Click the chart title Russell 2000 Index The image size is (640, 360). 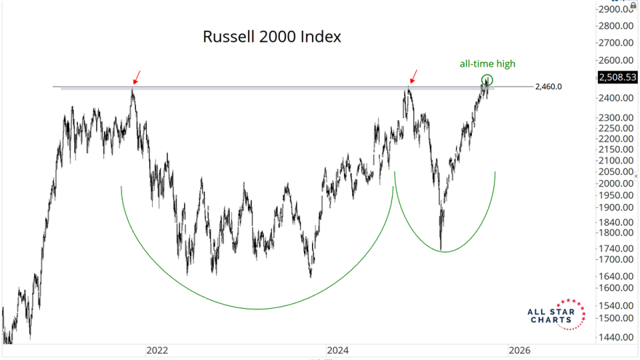271,37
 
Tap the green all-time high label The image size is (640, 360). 487,64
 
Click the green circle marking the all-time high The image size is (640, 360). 487,81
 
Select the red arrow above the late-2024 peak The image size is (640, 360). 415,75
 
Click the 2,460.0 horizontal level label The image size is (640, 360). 549,87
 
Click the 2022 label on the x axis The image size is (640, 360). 157,350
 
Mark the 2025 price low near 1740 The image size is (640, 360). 441,248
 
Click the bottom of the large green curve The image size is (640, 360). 257,309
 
